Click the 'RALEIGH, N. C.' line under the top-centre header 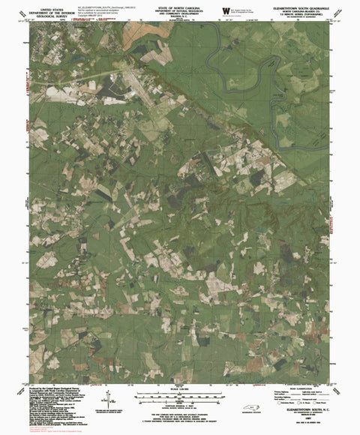[x=179, y=18]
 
